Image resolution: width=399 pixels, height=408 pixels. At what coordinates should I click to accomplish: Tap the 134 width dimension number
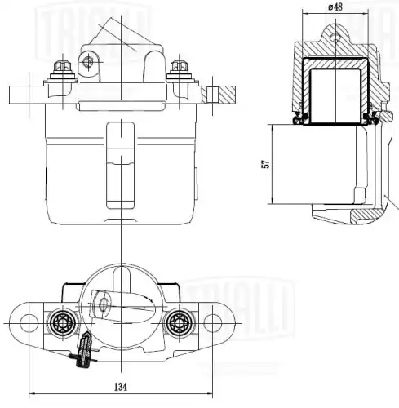(x=120, y=386)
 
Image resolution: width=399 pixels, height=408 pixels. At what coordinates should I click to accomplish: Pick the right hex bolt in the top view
(x=178, y=70)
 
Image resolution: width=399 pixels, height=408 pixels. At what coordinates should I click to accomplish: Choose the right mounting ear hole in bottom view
(x=212, y=322)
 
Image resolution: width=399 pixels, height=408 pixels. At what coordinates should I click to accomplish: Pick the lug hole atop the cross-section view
(x=333, y=37)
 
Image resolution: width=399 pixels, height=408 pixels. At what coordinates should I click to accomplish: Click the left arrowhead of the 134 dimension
(x=31, y=394)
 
